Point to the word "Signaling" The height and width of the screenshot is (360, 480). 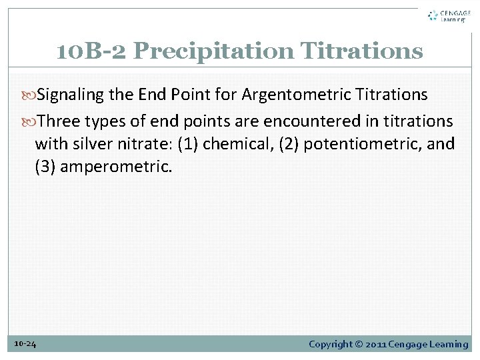coord(71,95)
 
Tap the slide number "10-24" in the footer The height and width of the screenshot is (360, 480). coord(25,344)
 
